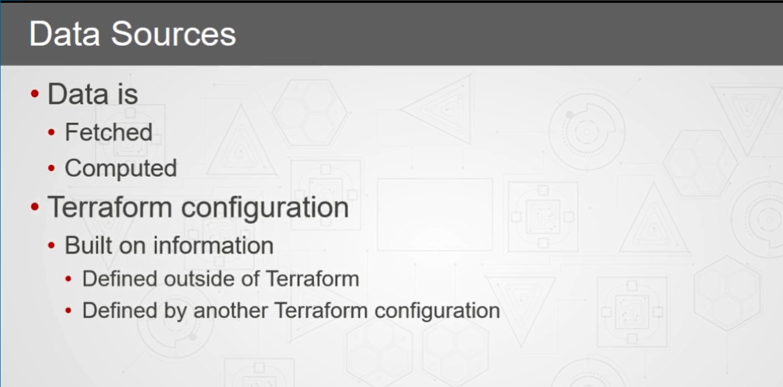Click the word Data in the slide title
point(64,34)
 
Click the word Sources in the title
point(174,34)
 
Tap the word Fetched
point(109,132)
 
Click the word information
point(213,245)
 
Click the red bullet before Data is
point(35,94)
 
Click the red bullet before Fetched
point(51,132)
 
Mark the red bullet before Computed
point(51,168)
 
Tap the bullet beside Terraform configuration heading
point(35,207)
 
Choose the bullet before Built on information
point(51,245)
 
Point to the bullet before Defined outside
point(68,279)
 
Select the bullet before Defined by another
point(68,310)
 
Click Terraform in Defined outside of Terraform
point(312,279)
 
